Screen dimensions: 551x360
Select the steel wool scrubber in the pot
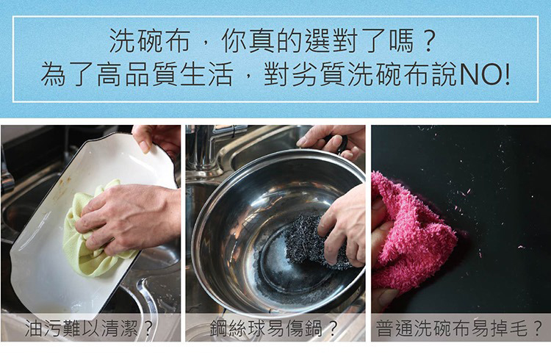pyautogui.click(x=309, y=242)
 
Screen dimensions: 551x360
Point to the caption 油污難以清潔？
pyautogui.click(x=89, y=328)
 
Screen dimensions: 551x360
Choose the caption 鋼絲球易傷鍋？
pyautogui.click(x=274, y=328)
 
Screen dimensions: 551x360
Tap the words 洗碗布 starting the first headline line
pyautogui.click(x=150, y=40)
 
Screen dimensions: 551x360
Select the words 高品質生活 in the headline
pyautogui.click(x=165, y=73)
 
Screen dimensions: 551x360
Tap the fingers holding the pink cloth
pyautogui.click(x=383, y=246)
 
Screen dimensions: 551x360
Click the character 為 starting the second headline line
pyautogui.click(x=54, y=73)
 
